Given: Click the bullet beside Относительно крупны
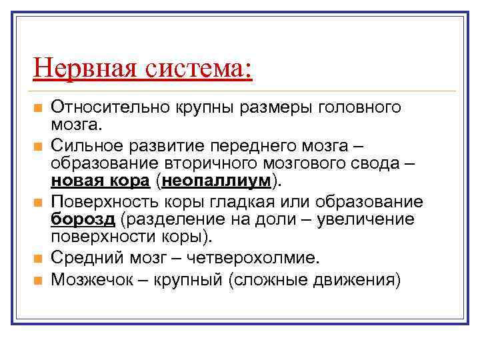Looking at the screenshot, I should (x=39, y=108).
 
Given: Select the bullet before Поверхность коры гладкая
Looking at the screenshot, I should (x=39, y=201).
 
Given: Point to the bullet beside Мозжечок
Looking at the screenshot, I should (x=39, y=280).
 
